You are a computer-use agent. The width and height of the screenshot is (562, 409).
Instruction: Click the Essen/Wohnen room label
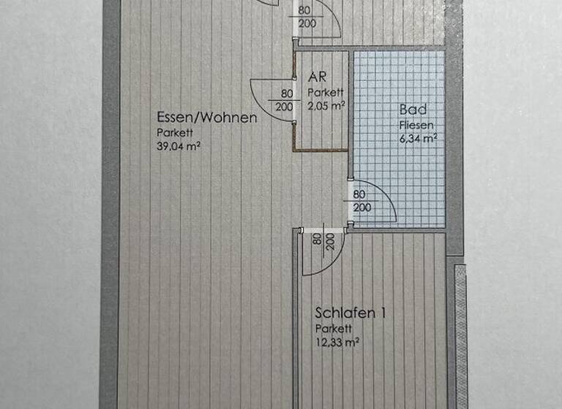206,117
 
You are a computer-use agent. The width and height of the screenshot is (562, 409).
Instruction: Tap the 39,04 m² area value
179,145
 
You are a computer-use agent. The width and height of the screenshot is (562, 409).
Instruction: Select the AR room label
317,76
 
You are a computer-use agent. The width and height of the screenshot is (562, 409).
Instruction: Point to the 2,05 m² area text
326,104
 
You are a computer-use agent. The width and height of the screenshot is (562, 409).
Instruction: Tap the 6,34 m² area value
418,137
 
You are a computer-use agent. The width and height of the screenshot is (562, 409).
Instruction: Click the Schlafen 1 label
350,313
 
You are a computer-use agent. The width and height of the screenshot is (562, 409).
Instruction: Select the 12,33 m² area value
337,341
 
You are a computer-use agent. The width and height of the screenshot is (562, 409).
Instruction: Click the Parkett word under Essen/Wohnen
171,132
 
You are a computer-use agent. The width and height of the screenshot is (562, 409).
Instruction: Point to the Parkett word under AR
325,92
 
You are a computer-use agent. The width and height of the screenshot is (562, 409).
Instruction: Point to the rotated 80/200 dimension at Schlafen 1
323,242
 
